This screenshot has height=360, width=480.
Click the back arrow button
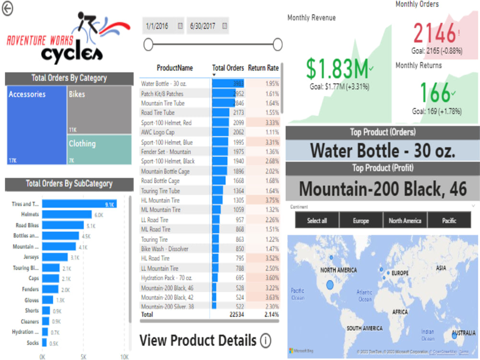pyautogui.click(x=7, y=9)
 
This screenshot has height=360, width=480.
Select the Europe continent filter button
pyautogui.click(x=360, y=221)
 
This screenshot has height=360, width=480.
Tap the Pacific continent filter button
pyautogui.click(x=449, y=221)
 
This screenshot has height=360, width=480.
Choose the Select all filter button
pyautogui.click(x=317, y=221)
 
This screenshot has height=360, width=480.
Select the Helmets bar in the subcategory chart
pyautogui.click(x=67, y=215)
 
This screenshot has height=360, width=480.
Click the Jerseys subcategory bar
pyautogui.click(x=55, y=257)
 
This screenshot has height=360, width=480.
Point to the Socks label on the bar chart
pyautogui.click(x=33, y=343)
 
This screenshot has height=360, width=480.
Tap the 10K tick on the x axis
pyautogui.click(x=124, y=357)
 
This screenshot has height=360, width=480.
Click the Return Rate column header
pyautogui.click(x=263, y=68)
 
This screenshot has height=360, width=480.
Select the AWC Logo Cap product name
pyautogui.click(x=158, y=132)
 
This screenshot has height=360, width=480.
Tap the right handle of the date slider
pyautogui.click(x=277, y=45)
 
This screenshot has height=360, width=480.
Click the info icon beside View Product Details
pyautogui.click(x=265, y=341)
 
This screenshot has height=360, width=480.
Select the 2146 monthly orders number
pyautogui.click(x=434, y=34)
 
